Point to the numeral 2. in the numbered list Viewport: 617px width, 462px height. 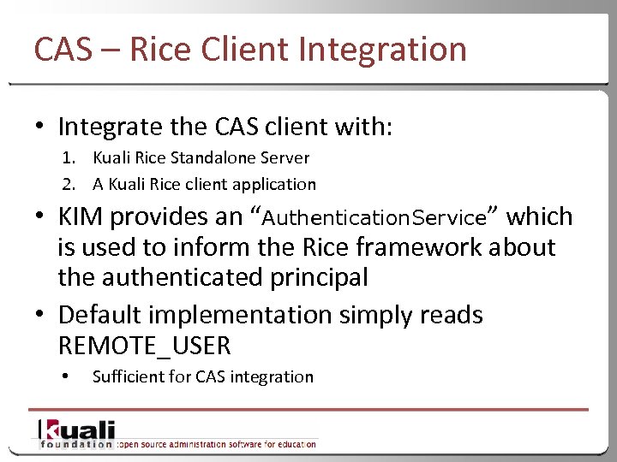[67, 184]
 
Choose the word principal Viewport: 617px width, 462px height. [326, 277]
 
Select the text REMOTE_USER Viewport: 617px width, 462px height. [144, 346]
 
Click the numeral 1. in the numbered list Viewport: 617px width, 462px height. [67, 157]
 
